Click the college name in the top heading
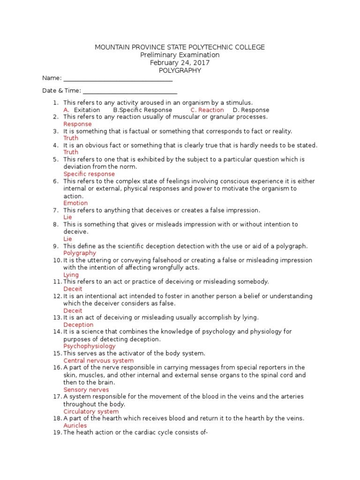click(180, 47)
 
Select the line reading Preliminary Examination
click(180, 55)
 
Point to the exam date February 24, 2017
click(180, 63)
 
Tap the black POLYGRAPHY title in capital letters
click(180, 70)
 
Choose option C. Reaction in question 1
click(207, 110)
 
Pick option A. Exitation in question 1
click(82, 110)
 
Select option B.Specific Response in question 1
click(142, 110)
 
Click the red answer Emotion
click(75, 203)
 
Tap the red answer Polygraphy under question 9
click(80, 253)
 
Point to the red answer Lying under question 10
click(71, 275)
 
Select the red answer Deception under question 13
click(78, 325)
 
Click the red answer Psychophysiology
click(89, 346)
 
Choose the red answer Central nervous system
click(98, 360)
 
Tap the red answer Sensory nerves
click(86, 390)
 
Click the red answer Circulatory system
click(91, 411)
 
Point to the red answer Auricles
click(75, 426)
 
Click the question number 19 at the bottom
click(57, 433)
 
